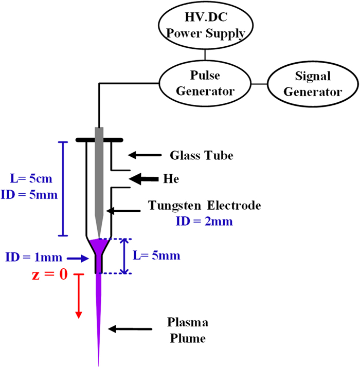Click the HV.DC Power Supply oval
tap(205, 25)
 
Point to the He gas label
tap(168, 178)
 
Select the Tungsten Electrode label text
tap(205, 206)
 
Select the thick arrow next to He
tap(142, 178)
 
